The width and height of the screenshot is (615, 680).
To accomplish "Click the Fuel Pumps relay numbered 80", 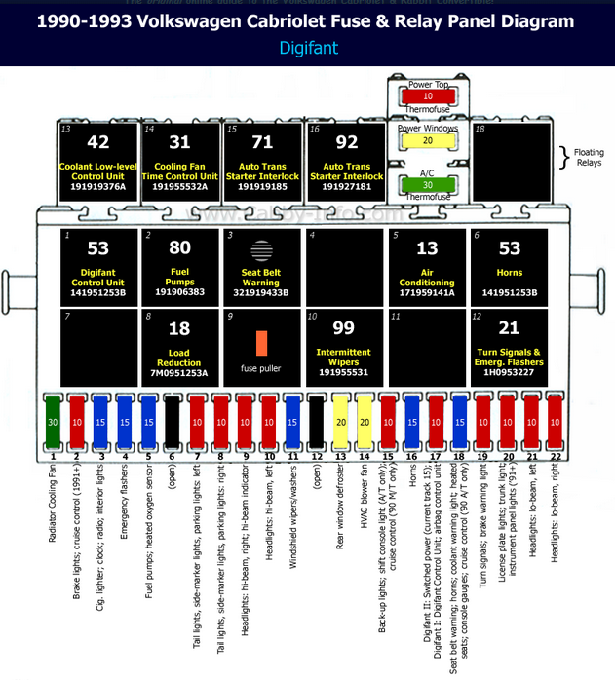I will click(x=180, y=265).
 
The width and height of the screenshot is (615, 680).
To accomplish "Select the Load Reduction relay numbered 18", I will click(x=180, y=346).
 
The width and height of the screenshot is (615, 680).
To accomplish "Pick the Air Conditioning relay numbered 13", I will click(x=427, y=265).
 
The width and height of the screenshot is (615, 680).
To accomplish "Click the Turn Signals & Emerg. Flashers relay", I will click(x=510, y=346).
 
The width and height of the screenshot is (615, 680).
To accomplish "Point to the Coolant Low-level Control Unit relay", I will click(x=98, y=162).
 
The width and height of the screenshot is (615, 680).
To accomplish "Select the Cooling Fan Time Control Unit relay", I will click(x=180, y=162).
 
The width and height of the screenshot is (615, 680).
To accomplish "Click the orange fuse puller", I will click(x=261, y=343).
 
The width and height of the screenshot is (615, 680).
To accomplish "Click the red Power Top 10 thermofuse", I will click(x=427, y=97).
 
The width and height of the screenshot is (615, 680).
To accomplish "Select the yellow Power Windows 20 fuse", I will click(x=427, y=141).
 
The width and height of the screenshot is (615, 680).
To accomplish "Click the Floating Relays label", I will click(x=588, y=158).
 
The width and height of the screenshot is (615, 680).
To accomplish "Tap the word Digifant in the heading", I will click(x=307, y=46).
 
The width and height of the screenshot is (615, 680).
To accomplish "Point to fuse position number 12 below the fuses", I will click(x=316, y=456).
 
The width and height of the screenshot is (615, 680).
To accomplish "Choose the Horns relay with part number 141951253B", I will click(x=510, y=265).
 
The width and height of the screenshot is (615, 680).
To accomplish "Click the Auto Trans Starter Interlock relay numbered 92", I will click(x=347, y=162).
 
